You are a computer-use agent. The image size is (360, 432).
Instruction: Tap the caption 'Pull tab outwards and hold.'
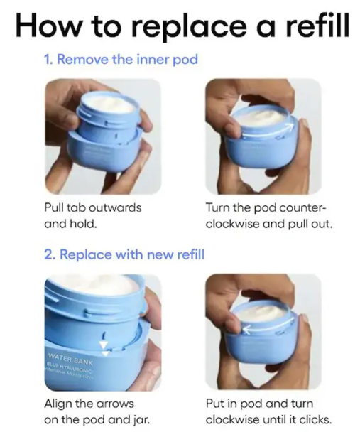(x=92, y=217)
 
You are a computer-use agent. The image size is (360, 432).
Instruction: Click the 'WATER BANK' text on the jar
(x=71, y=356)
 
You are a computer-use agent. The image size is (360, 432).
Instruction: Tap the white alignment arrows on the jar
(x=107, y=346)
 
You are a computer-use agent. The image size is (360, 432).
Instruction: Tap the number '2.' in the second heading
(x=50, y=254)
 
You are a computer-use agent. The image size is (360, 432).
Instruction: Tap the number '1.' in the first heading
(x=49, y=59)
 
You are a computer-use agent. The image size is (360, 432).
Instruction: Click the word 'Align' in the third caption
(x=57, y=404)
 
